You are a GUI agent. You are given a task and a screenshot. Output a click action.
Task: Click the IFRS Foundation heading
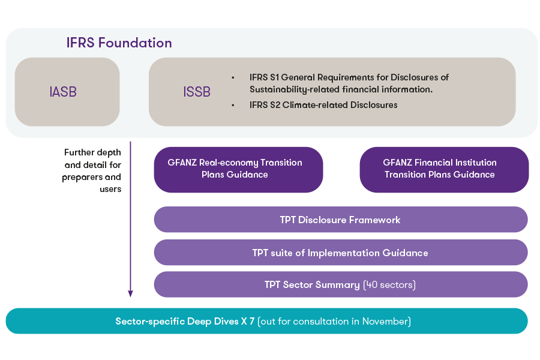119,43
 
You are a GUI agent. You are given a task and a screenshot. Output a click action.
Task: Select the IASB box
67,92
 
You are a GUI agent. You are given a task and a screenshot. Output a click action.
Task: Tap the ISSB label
197,92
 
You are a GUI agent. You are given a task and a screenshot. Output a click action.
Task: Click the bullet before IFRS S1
233,77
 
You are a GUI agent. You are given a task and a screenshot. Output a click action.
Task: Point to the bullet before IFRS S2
233,105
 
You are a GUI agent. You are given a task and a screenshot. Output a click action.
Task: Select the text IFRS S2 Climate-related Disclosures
323,105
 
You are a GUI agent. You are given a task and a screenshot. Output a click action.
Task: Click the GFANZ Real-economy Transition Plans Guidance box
238,169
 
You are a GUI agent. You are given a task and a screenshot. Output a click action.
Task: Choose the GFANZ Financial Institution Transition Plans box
443,169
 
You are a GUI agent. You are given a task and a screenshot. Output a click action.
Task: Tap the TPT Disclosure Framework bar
340,220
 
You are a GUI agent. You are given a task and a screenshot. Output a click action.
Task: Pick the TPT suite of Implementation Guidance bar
340,253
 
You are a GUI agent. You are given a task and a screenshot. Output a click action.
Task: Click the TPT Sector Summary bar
340,284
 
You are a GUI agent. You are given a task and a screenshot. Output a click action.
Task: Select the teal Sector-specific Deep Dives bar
266,322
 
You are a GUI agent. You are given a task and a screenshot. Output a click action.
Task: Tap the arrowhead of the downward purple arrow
130,293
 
